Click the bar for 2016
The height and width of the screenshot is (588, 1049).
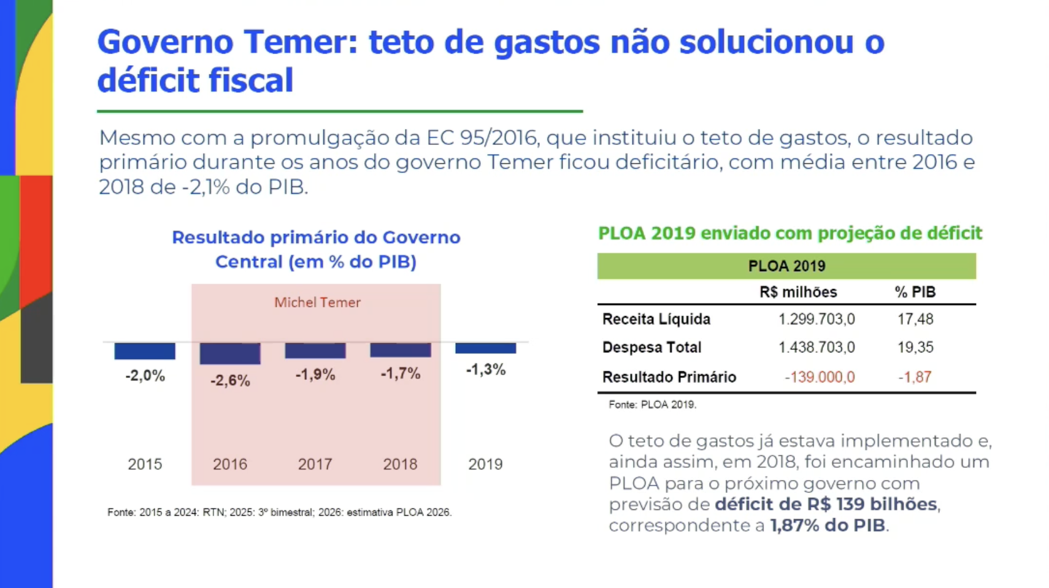[x=230, y=354]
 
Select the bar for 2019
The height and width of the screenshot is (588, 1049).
[x=486, y=348]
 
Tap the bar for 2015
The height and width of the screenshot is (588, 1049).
[x=145, y=351]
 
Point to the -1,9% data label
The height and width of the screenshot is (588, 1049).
[x=315, y=374]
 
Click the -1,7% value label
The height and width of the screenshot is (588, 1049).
[x=401, y=373]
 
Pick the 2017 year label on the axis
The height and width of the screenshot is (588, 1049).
[x=315, y=464]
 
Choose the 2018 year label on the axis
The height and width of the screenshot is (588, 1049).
[x=400, y=464]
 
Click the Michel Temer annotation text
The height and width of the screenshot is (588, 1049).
[x=318, y=302]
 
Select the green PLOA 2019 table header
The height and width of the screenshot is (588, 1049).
[x=786, y=266]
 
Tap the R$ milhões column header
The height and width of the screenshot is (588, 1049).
[x=798, y=292]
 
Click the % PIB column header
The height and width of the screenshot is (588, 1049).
[x=915, y=292]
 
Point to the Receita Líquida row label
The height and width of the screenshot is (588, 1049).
[x=656, y=319]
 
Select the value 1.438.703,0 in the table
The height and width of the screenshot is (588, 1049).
[x=817, y=347]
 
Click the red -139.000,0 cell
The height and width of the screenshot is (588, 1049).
[x=820, y=377]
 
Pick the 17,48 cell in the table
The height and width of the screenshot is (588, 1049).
[x=915, y=319]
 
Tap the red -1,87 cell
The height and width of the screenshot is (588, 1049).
[x=915, y=377]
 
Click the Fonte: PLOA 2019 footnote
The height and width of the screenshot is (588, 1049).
[x=652, y=404]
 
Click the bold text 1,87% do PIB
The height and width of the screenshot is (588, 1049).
[x=828, y=525]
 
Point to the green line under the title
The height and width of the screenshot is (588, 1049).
[x=340, y=112]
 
